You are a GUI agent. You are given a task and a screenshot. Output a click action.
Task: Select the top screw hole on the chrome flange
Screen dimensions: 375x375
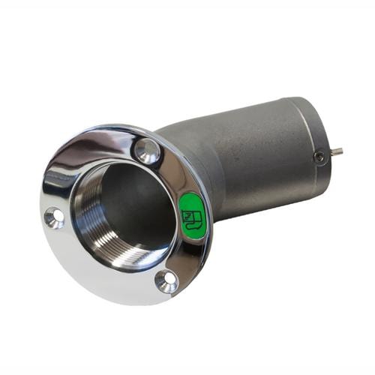click(148, 151)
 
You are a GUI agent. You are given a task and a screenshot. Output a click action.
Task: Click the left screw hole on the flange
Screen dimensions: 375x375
click(54, 217)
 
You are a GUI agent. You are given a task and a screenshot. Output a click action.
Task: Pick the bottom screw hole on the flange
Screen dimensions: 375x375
click(166, 280)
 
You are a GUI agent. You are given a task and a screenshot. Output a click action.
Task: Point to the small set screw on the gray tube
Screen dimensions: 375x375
click(320, 157)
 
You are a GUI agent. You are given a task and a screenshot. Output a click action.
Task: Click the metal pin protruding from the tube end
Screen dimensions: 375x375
click(337, 151)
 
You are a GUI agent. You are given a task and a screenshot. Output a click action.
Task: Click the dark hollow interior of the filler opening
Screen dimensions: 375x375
click(131, 202)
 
